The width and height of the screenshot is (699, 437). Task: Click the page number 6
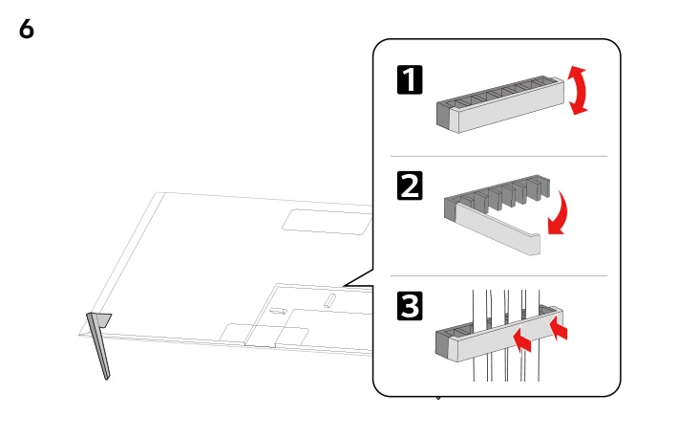(27, 30)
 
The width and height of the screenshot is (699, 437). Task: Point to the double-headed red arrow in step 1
(578, 90)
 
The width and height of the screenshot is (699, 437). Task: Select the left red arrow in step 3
(521, 338)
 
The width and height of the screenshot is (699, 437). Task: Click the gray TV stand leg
(99, 344)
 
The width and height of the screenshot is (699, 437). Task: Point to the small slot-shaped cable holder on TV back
(330, 300)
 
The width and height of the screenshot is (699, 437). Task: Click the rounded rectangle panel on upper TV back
(325, 221)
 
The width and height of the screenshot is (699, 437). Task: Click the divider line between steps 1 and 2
(496, 156)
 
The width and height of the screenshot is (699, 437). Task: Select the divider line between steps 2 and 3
(496, 276)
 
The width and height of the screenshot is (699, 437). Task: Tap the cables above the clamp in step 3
(506, 301)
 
